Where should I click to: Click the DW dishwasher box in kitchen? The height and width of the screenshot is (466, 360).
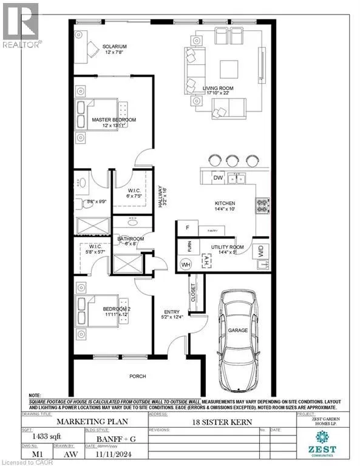pyautogui.click(x=217, y=178)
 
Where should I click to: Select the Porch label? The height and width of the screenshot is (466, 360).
pyautogui.click(x=138, y=376)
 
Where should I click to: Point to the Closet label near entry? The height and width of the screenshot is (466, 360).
pyautogui.click(x=194, y=294)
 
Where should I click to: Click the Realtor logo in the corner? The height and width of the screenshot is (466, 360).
pyautogui.click(x=21, y=24)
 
